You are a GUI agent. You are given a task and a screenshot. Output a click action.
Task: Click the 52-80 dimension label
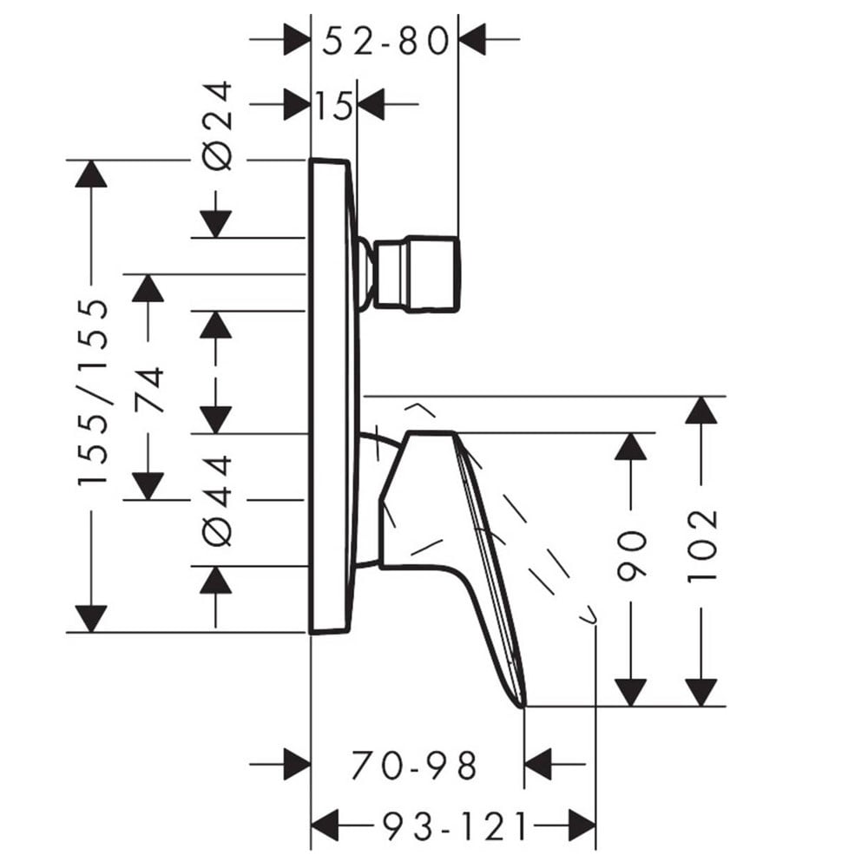tap(385, 42)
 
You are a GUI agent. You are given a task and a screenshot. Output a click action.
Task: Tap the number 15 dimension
tap(334, 105)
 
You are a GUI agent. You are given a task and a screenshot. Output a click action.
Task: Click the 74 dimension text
tap(148, 389)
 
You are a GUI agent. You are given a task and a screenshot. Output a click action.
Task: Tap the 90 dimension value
tap(631, 556)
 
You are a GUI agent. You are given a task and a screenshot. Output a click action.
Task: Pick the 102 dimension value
tap(701, 545)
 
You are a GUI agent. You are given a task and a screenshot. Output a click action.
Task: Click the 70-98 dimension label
tap(413, 766)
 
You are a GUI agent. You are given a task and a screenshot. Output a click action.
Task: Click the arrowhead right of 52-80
tap(472, 39)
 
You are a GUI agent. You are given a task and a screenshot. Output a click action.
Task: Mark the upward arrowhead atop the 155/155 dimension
tap(91, 174)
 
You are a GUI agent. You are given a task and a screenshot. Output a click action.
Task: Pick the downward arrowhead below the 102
tap(701, 693)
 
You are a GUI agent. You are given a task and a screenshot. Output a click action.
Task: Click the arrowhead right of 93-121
tap(582, 826)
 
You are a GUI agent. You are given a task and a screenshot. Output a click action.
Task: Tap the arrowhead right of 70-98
tap(537, 765)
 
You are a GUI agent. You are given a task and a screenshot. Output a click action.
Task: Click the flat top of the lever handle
tap(431, 432)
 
